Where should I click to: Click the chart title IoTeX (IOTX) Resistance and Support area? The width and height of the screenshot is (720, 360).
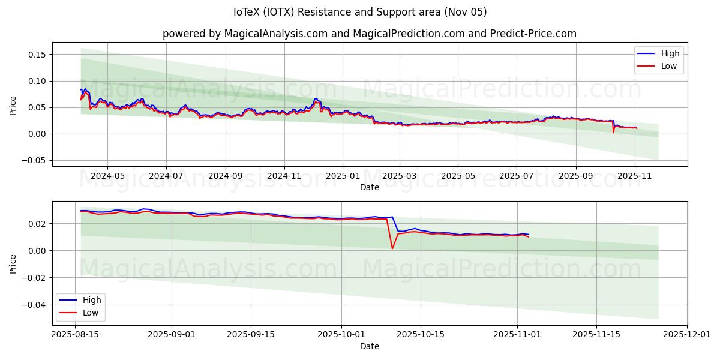(360, 12)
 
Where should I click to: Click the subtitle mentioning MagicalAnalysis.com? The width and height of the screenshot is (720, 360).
(369, 34)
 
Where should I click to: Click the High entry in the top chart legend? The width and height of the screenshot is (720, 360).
(669, 53)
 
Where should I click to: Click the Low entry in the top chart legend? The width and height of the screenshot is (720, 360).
(669, 66)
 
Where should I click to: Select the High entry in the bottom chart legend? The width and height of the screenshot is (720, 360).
(91, 300)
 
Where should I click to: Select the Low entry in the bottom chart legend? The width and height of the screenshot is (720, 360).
(89, 313)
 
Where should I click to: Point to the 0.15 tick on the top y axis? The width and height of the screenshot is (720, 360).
(37, 55)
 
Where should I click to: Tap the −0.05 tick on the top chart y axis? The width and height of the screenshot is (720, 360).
(35, 160)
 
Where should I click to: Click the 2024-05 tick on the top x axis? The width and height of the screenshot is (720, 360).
(107, 176)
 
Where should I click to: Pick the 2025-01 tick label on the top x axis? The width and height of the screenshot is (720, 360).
(343, 176)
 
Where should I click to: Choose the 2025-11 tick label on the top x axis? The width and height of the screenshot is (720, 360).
(635, 176)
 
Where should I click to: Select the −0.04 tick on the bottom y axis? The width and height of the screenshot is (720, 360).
(35, 304)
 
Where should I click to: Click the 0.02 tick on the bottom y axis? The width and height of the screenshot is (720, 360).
(37, 224)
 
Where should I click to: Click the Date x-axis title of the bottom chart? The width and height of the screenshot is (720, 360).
(369, 346)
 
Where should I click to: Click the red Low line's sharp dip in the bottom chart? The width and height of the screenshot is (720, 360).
(392, 248)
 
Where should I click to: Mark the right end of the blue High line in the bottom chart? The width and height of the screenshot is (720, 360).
(529, 234)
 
